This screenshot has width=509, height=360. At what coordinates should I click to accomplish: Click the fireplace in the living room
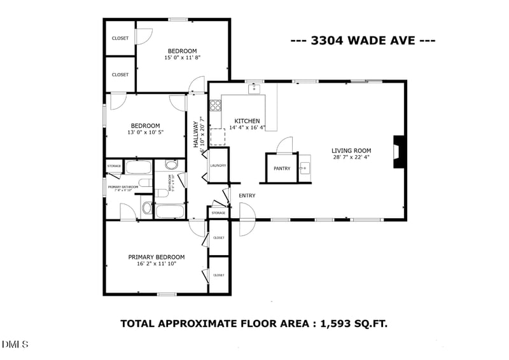pos(398,152)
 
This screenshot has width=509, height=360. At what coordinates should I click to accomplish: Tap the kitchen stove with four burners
pos(215,106)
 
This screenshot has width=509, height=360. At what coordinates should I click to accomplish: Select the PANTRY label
pos(282,169)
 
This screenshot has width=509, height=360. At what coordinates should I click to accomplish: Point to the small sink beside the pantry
pos(305,167)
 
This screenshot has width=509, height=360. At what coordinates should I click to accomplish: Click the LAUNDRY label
pos(218,166)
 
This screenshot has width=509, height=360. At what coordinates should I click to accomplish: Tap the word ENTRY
pos(247,196)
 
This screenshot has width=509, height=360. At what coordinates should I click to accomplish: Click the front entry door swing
pos(247,221)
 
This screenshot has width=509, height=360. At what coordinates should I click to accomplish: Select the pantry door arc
pos(284,144)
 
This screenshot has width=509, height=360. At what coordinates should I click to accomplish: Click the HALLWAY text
pos(197,135)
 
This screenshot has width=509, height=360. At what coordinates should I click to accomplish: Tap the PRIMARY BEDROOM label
pos(157,257)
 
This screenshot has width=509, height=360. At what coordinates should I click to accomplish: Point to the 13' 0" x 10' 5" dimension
pos(146,133)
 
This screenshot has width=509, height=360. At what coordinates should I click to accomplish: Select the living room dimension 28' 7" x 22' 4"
pos(351,158)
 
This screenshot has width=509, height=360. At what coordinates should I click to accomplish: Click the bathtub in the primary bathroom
pos(138,168)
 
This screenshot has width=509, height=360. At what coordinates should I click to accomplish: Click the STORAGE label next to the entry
pos(218,212)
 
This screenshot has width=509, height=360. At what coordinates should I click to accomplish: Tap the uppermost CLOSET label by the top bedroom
pos(120,38)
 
